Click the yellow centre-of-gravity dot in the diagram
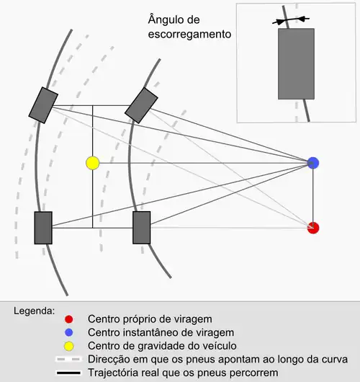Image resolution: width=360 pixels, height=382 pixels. tap(93, 163)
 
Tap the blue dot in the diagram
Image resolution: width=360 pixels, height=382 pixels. tap(313, 163)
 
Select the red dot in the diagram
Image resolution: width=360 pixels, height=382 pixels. tap(313, 228)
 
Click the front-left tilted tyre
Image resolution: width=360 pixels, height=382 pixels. tap(43, 105)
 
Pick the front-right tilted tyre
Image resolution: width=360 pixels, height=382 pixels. tap(141, 105)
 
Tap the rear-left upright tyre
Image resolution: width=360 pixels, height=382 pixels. tap(43, 228)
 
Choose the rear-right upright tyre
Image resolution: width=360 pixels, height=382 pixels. tap(141, 228)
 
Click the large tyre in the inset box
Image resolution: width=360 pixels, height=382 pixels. tap(296, 64)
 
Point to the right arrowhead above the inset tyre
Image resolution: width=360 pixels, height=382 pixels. tap(302, 19)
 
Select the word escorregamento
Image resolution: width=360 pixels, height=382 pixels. tap(189, 35)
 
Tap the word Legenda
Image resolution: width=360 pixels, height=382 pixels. tap(35, 311)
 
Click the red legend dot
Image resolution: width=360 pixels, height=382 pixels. tap(69, 319)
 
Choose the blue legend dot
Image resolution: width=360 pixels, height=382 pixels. tap(69, 332)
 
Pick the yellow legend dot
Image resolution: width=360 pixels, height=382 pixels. tap(69, 346)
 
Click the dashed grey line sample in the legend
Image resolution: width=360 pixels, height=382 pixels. tap(68, 360)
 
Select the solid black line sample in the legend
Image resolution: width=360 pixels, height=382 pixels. tap(68, 373)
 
